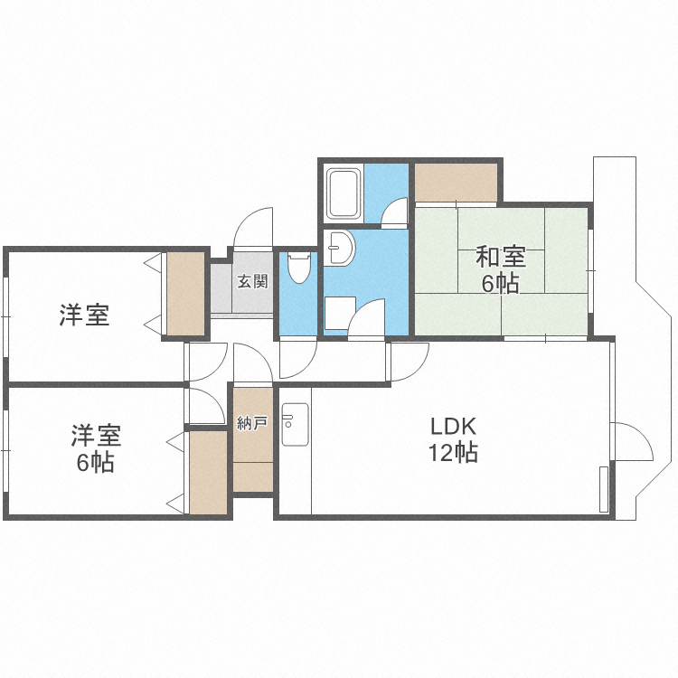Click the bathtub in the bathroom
pos(344,193)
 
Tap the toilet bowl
pos(299,268)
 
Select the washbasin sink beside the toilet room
pos(340,248)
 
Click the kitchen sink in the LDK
pos(295,424)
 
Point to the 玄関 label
pos(252,282)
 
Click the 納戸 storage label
pos(252,423)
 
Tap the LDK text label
pos(453,427)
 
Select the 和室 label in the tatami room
pos(501,257)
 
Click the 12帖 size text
pos(453,453)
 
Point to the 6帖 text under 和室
pos(501,284)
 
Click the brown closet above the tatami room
pos(456,183)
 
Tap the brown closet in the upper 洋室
pos(185,294)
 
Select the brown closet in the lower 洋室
pos(209,473)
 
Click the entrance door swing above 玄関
pos(253,228)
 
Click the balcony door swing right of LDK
pos(634,441)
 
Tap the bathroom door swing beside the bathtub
pos(394,211)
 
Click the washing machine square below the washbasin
pos(340,313)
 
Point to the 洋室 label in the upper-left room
pos(84,315)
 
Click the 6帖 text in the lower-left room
pos(96,463)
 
